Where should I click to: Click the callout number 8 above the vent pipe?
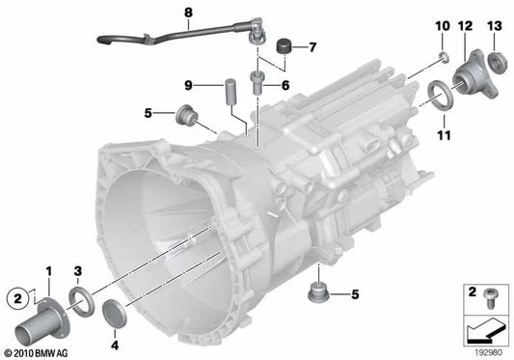point(188,13)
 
